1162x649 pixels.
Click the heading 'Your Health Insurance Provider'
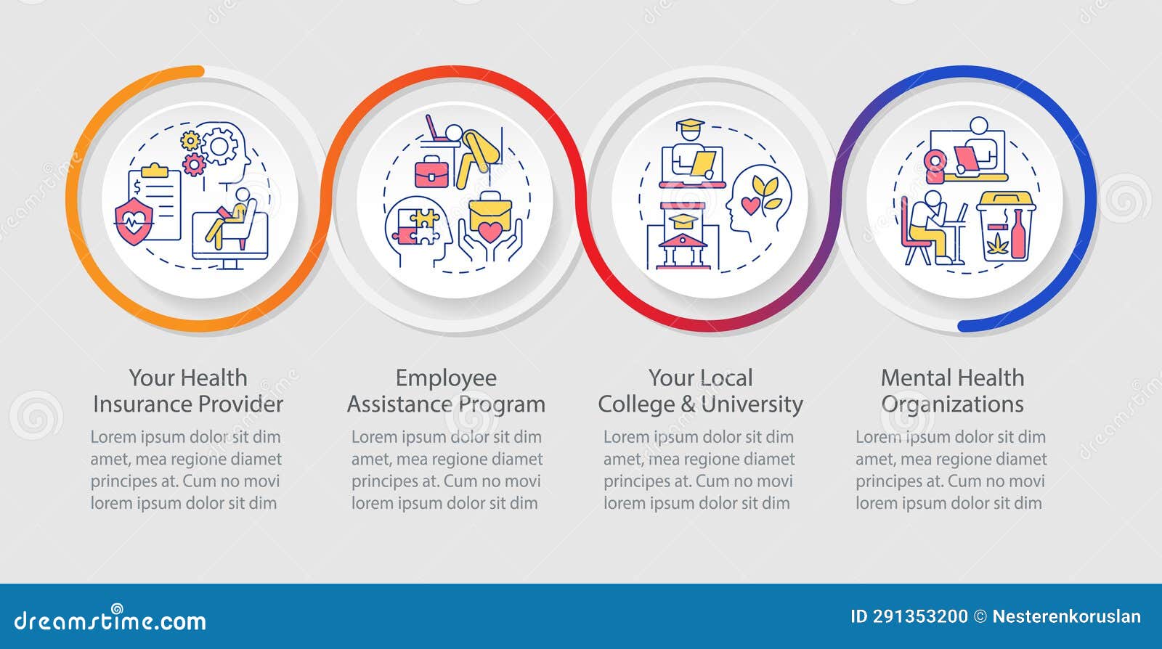click(x=188, y=391)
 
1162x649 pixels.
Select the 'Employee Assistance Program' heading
click(x=446, y=391)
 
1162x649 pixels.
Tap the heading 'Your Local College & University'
click(x=700, y=391)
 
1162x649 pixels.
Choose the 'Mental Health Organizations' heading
click(x=952, y=391)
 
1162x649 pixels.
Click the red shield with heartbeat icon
click(x=134, y=221)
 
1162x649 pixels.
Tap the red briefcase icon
click(x=431, y=172)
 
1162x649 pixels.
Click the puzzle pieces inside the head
click(x=416, y=226)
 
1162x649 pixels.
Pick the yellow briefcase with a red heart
click(x=490, y=218)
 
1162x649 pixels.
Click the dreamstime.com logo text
click(x=110, y=621)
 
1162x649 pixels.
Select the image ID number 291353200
click(x=920, y=617)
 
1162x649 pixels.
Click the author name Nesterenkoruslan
click(x=1066, y=617)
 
